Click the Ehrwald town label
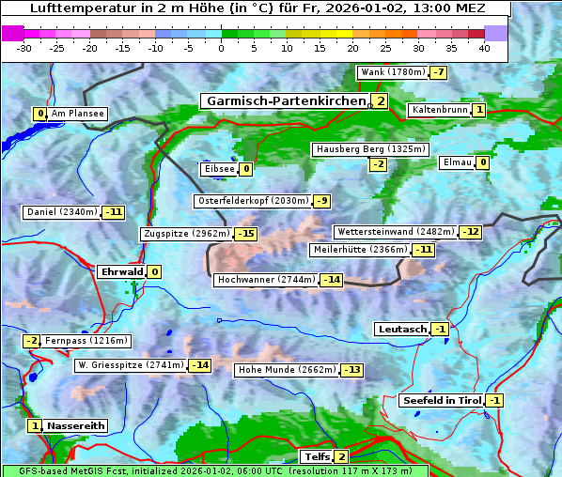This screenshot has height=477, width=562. coord(121,272)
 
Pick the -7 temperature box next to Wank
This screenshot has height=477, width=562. coord(439,72)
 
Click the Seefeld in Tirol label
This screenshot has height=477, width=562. coord(442,401)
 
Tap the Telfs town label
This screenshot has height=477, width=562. coord(316,457)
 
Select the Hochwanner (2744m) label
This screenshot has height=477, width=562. coord(266,280)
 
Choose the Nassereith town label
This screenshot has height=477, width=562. coord(75,425)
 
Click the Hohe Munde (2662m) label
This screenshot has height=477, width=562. coord(287,370)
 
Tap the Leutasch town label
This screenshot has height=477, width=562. coord(402,329)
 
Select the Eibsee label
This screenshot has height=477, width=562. coord(219,169)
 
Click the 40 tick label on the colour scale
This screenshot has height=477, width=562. coord(484,48)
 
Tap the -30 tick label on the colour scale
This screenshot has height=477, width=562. coord(24,48)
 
